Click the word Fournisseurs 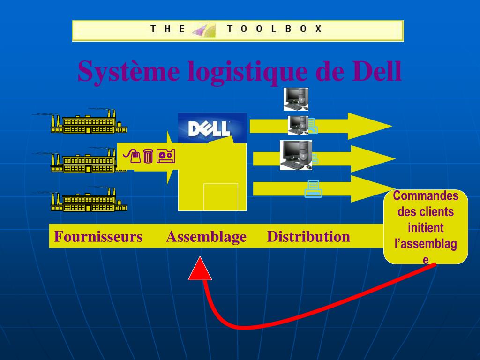click(x=98, y=237)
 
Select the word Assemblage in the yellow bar click(x=206, y=237)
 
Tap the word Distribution click(x=308, y=237)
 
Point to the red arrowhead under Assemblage click(x=200, y=270)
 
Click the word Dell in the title click(x=375, y=71)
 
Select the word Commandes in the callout click(x=426, y=196)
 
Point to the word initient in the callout click(x=426, y=228)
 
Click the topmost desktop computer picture click(x=296, y=98)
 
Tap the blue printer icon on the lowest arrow click(x=313, y=188)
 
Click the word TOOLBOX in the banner click(x=275, y=29)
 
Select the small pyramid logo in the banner click(x=204, y=30)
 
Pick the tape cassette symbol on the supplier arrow click(x=166, y=156)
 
